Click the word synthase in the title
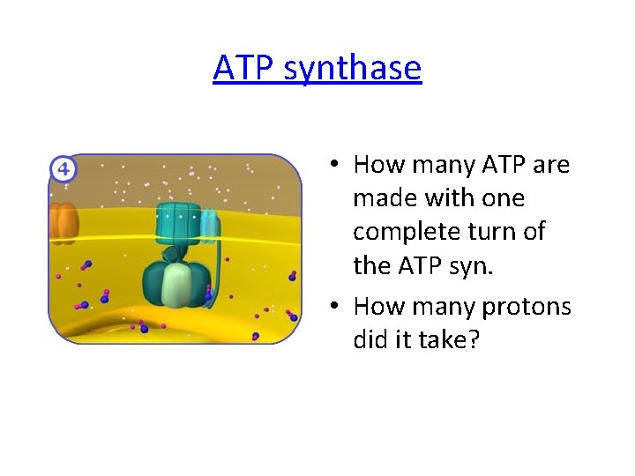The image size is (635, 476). point(357,68)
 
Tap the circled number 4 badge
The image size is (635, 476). point(63,168)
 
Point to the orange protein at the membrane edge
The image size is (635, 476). point(63,222)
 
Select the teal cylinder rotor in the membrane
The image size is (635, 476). point(179,225)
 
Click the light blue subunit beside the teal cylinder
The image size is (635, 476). point(210,226)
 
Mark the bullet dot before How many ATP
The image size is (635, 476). point(336,165)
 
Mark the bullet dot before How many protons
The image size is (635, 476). point(336,306)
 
